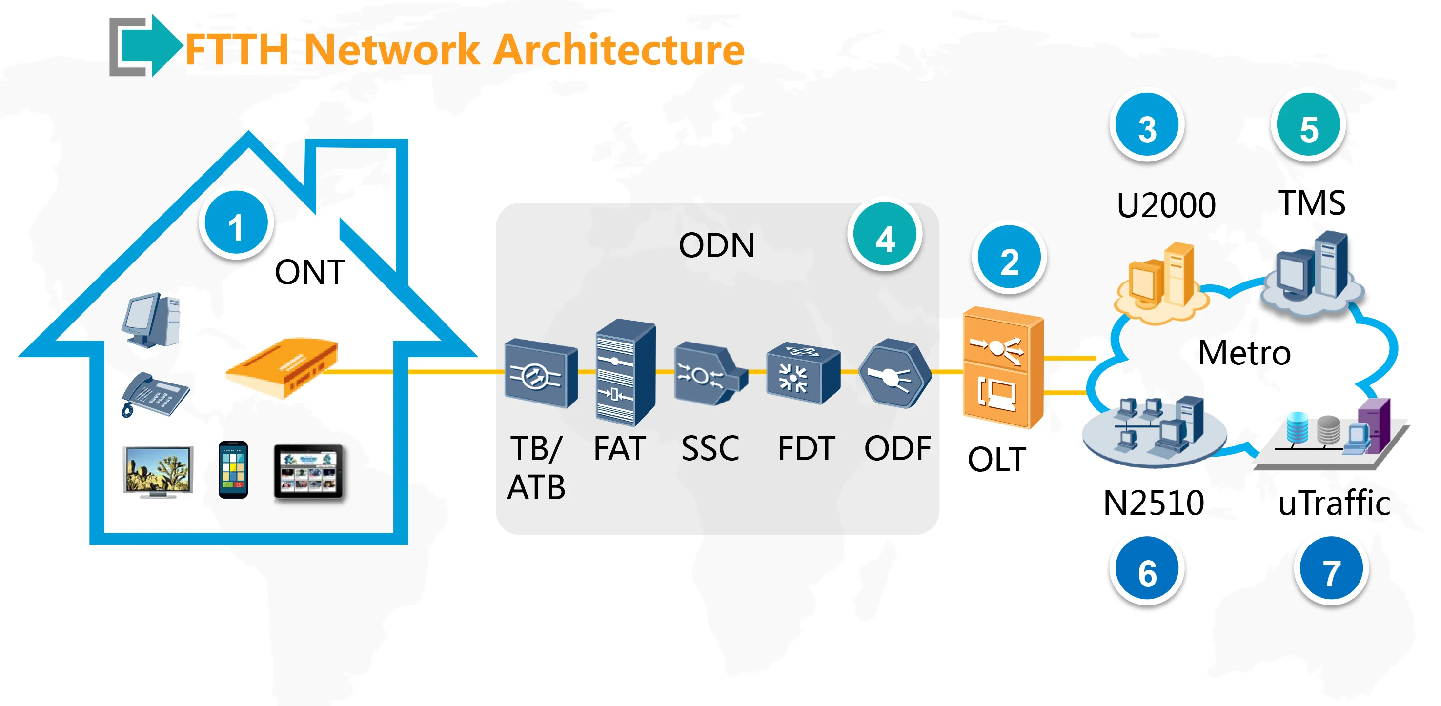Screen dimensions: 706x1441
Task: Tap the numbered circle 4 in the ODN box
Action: pyautogui.click(x=884, y=238)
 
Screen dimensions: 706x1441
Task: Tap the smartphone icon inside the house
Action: pyautogui.click(x=233, y=470)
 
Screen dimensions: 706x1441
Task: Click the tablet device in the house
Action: pyautogui.click(x=308, y=471)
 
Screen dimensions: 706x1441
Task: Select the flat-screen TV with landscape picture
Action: pyautogui.click(x=158, y=470)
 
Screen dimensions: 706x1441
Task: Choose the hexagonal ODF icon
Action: pyautogui.click(x=894, y=374)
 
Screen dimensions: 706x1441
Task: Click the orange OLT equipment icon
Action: pyautogui.click(x=1002, y=368)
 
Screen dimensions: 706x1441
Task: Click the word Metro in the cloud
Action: pyautogui.click(x=1244, y=353)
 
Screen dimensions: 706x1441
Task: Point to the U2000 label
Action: pyautogui.click(x=1166, y=205)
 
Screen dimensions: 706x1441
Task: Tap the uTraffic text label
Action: pyautogui.click(x=1334, y=503)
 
